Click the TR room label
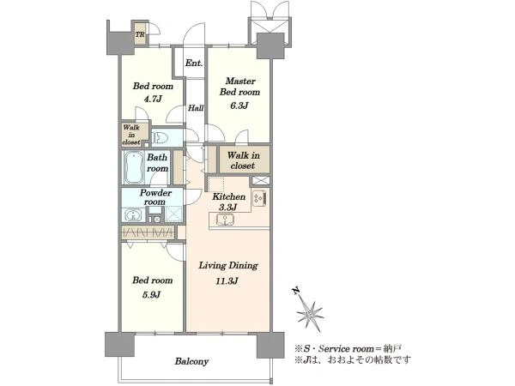140,34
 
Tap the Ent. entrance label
194,63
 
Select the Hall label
196,108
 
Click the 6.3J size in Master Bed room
239,106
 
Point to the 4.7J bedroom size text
153,99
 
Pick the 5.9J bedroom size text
151,294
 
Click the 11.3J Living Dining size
227,280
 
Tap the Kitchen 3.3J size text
228,207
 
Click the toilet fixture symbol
160,137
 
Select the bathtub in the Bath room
134,167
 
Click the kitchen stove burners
259,197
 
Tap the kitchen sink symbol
225,220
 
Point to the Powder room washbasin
133,215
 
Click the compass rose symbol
310,313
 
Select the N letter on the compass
296,291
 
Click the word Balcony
191,361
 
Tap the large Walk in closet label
244,160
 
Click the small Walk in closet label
131,135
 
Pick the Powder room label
155,197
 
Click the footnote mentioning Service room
348,348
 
